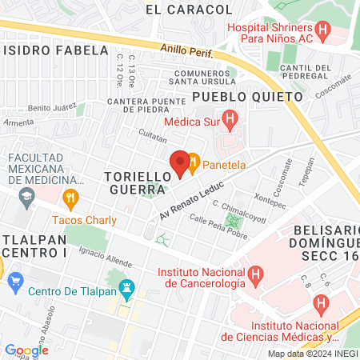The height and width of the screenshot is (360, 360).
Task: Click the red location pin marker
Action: (180, 163)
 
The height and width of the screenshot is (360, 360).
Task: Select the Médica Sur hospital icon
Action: (230, 122)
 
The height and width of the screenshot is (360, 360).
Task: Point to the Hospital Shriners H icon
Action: (323, 33)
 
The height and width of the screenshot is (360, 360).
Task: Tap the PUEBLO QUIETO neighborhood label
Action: (247, 96)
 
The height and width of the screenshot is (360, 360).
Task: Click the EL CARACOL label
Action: (190, 10)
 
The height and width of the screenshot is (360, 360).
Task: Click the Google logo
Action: (26, 350)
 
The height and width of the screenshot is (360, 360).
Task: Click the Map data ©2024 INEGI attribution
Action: (312, 353)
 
